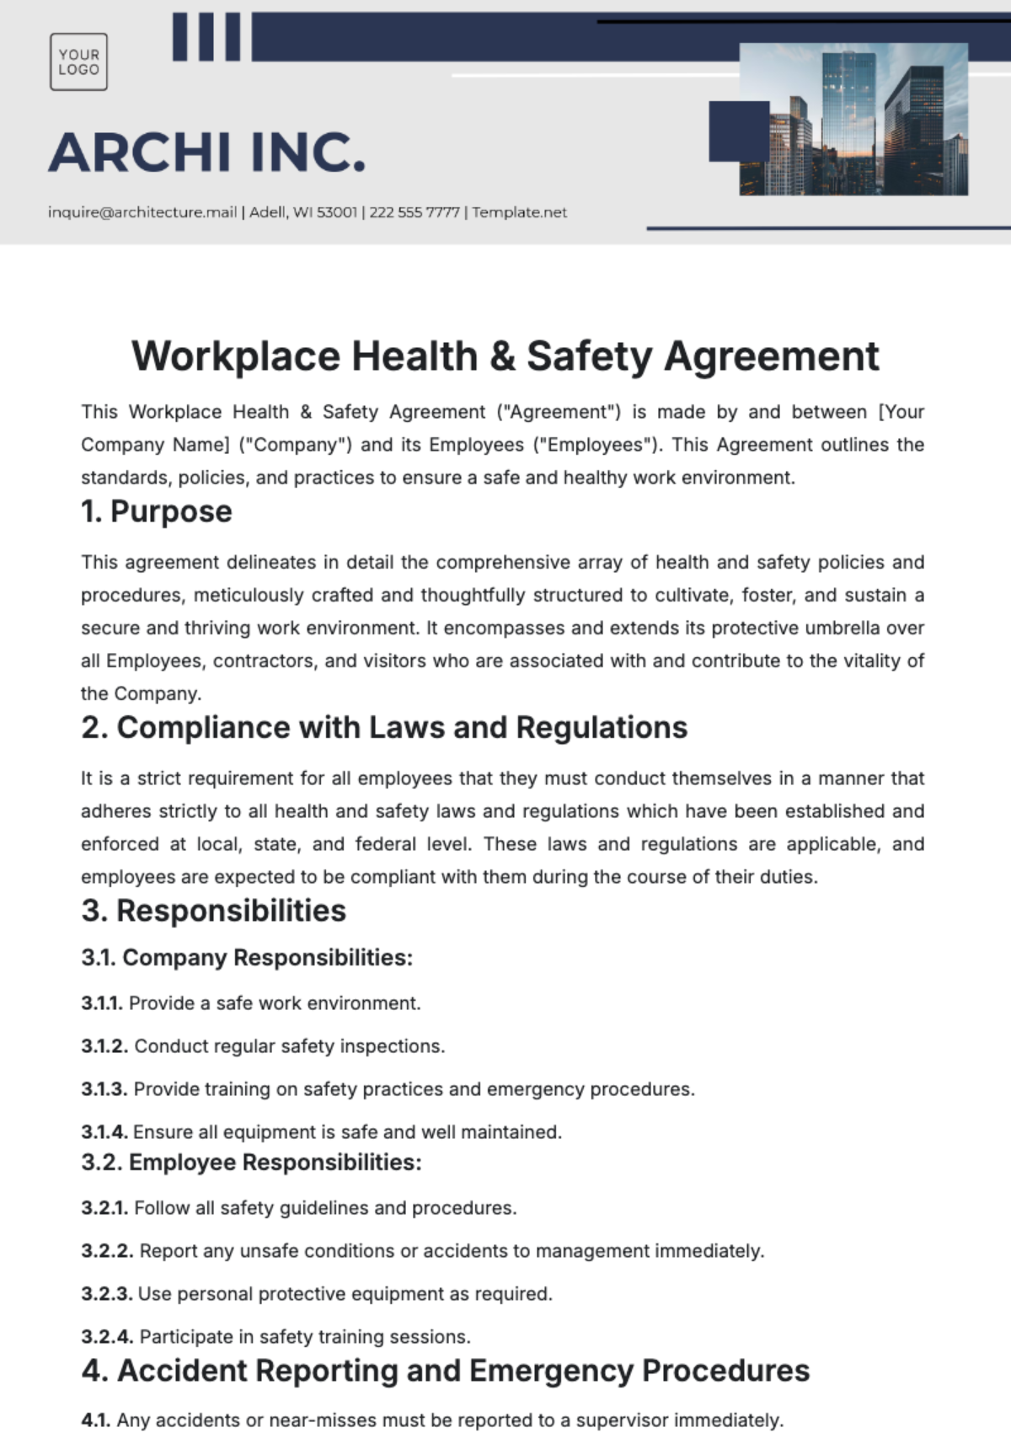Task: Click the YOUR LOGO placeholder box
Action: pos(78,61)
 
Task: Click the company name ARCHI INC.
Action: pos(207,152)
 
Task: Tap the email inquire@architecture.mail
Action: pos(142,212)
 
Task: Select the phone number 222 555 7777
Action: pos(414,212)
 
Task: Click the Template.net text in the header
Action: pos(519,212)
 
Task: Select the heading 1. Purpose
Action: pos(156,511)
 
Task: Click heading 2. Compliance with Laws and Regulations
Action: pos(384,728)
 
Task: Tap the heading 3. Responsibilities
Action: pos(213,911)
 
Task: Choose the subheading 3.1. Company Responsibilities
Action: pos(247,958)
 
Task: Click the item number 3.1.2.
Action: pos(104,1046)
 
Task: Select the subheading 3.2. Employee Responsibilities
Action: pos(251,1163)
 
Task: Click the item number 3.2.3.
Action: pos(106,1294)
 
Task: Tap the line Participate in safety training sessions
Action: pos(304,1337)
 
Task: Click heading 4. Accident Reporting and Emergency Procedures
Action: pos(445,1371)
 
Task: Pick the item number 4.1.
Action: pos(95,1420)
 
